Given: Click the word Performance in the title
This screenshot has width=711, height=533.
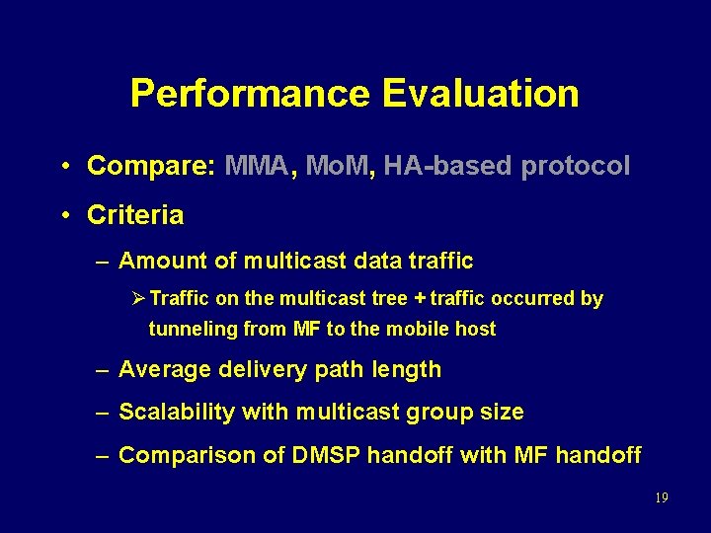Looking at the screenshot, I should click(x=250, y=94).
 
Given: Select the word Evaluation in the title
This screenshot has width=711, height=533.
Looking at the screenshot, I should click(x=480, y=94).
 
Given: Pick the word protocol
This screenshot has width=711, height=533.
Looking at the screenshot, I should click(x=575, y=166).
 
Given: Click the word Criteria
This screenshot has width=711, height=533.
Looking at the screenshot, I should click(x=135, y=214).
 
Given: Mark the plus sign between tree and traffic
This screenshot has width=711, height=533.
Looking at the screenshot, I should click(x=420, y=298).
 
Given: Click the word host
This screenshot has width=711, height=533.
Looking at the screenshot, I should click(x=475, y=329).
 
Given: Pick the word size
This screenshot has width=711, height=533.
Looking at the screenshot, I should click(x=499, y=412).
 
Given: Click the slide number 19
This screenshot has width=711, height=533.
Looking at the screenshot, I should click(x=661, y=497).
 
